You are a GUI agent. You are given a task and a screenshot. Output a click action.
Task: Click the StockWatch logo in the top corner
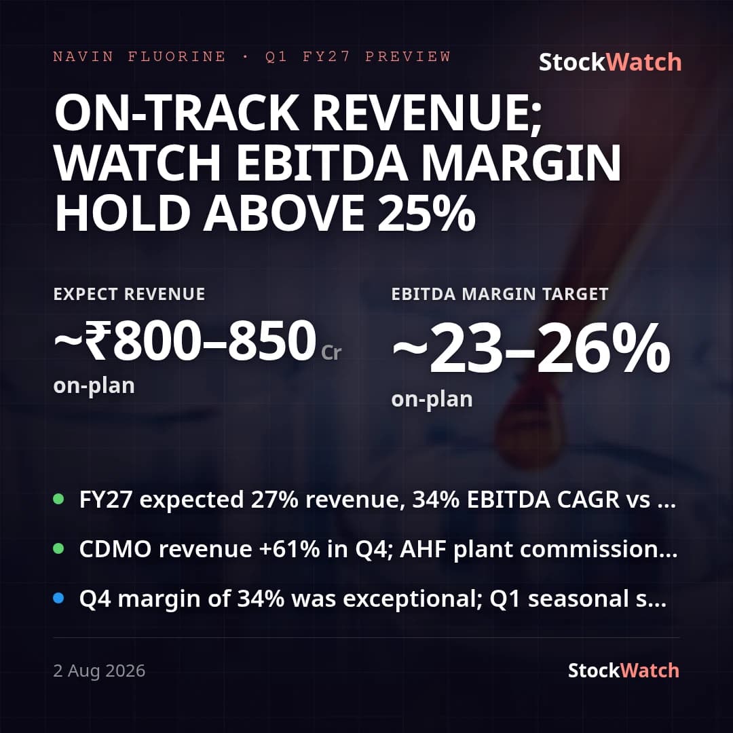pos(610,62)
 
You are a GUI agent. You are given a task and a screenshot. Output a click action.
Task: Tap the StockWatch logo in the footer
pos(623,671)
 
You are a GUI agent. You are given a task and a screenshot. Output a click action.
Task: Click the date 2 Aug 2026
pos(99,671)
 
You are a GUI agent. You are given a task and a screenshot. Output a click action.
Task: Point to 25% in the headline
pos(426,213)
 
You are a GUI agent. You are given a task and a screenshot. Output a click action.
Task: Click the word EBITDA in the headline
pos(322,163)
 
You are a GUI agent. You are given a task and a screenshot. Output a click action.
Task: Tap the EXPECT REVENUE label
pos(129,294)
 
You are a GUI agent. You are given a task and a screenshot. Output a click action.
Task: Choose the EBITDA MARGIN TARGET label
pos(500,294)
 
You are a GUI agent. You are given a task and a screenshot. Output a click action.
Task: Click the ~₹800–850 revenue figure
pos(185,340)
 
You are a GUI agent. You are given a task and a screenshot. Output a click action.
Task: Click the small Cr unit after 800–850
pos(331,352)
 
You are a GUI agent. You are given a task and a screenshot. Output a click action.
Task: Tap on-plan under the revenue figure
pos(94,387)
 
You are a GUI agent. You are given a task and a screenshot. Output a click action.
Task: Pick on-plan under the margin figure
pos(432,400)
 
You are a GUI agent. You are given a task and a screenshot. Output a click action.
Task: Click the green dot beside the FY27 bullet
pos(58,499)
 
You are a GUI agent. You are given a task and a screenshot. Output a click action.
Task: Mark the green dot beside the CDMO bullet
pos(58,548)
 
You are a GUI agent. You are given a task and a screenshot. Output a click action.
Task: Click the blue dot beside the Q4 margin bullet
pos(58,598)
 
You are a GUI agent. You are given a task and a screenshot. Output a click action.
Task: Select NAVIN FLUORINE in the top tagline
pos(139,56)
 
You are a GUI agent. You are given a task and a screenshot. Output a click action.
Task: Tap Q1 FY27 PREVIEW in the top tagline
pos(358,56)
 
